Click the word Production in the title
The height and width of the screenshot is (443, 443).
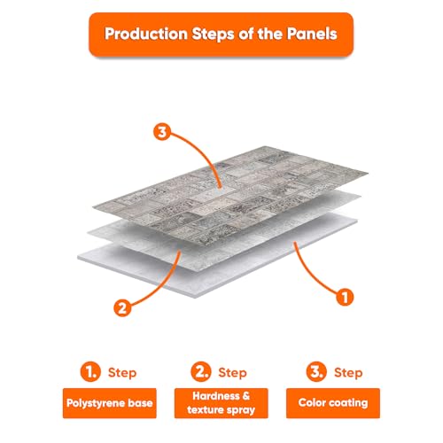pos(146,34)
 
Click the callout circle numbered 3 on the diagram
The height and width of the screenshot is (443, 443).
pos(162,132)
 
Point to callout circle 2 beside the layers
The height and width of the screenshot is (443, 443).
pos(122,307)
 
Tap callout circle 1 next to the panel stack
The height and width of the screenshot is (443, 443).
pos(345,297)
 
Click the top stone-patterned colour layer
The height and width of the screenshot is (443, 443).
pos(230,196)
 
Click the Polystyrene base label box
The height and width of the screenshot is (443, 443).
pos(110,403)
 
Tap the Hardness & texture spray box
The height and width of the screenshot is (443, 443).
pos(221,403)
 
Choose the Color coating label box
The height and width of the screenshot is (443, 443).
pos(333,403)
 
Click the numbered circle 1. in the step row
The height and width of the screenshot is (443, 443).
pos(90,371)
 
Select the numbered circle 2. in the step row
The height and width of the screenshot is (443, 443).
pos(201,371)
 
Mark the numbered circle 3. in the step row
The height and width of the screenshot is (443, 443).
pos(316,371)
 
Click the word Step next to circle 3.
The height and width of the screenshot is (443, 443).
pos(348,373)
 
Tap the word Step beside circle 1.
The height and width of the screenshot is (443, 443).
pos(122,373)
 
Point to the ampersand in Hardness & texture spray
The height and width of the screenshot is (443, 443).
pos(245,396)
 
